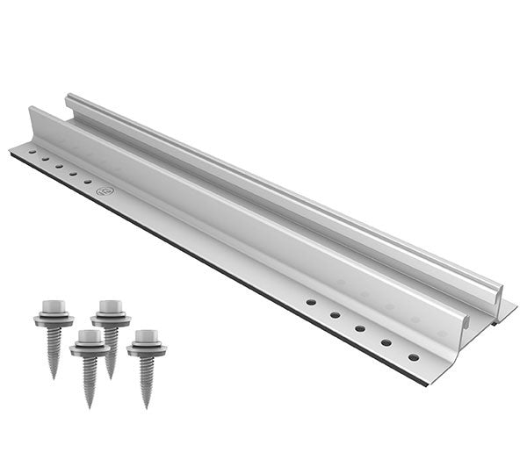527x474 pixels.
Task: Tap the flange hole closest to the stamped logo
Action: pyautogui.click(x=87, y=180)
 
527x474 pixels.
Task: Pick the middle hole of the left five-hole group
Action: pyautogui.click(x=59, y=165)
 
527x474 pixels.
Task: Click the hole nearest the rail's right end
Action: pyautogui.click(x=413, y=357)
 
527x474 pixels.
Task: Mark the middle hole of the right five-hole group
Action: pyautogui.click(x=360, y=328)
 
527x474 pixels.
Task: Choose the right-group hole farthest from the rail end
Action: pyautogui.click(x=311, y=301)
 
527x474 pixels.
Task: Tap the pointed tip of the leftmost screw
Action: pyautogui.click(x=54, y=376)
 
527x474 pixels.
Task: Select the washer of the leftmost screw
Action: pyautogui.click(x=53, y=320)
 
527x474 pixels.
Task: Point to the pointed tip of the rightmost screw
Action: pyautogui.click(x=148, y=406)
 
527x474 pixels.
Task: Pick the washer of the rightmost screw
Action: pyautogui.click(x=146, y=350)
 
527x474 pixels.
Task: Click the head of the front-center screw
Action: pyautogui.click(x=88, y=337)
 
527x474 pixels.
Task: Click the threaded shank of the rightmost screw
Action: pyautogui.click(x=147, y=377)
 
